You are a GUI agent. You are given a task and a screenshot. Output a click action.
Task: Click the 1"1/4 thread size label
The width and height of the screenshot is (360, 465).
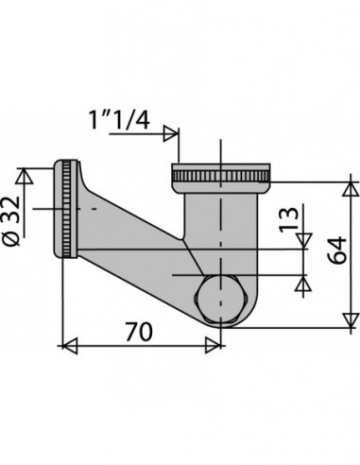click(x=119, y=120)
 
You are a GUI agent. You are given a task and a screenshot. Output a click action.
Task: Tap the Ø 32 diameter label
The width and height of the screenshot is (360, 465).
click(x=11, y=221)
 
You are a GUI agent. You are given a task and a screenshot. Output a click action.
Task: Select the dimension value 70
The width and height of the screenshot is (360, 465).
click(x=139, y=332)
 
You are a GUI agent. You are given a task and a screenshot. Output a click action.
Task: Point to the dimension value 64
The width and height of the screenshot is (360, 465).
click(x=337, y=250)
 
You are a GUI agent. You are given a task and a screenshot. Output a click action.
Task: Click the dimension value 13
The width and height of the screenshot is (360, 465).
click(x=289, y=219)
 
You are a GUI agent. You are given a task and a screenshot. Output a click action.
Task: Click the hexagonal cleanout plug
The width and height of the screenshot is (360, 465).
click(x=220, y=298)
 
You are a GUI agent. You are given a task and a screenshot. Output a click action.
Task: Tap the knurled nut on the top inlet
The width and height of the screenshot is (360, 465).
click(x=221, y=175)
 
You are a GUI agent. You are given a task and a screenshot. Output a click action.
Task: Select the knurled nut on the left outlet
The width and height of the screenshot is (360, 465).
click(x=66, y=209)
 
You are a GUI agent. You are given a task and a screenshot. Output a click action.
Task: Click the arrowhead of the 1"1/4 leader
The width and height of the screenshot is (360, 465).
click(x=171, y=134)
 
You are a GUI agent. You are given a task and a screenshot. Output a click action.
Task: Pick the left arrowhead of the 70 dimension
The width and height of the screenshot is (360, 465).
click(x=70, y=346)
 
